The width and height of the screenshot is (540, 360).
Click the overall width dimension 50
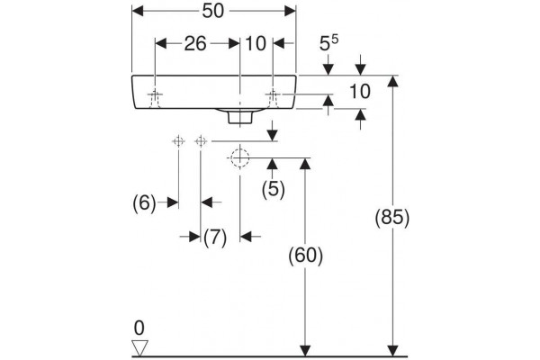(212, 11)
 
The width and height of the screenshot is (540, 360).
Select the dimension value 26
(195, 44)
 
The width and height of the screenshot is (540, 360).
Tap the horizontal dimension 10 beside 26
(256, 44)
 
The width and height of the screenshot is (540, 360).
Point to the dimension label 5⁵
(328, 43)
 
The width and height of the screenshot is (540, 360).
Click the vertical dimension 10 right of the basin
(360, 92)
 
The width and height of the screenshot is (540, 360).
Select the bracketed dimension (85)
(392, 218)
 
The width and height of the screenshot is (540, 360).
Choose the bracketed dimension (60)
(305, 256)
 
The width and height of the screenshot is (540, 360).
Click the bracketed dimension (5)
(274, 189)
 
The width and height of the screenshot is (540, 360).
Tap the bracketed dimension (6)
(144, 202)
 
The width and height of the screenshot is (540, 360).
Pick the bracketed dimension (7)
(215, 238)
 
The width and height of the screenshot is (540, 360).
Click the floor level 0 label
(139, 328)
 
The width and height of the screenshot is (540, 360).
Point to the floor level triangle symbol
(139, 348)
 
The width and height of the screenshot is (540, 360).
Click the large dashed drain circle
(240, 157)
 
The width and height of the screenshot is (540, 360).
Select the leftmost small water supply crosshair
(178, 141)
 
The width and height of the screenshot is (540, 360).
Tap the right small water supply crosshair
(201, 141)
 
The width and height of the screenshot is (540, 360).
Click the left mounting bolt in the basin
(155, 98)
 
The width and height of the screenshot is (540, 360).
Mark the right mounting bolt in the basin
(273, 98)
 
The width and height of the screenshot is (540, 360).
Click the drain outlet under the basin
(240, 116)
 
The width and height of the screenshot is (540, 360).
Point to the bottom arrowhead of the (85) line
(392, 351)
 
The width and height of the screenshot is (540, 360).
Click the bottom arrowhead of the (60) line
(305, 351)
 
